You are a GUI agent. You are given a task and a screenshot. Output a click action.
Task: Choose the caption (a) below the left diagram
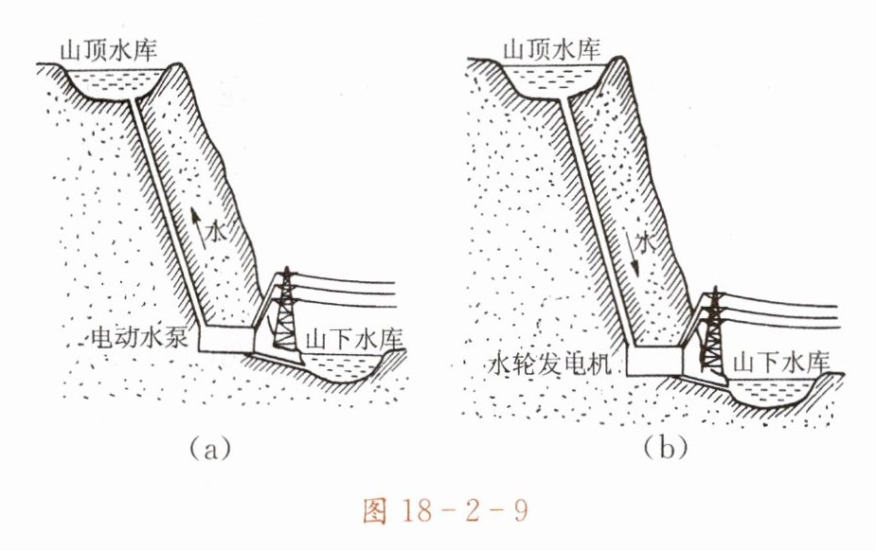pyautogui.click(x=211, y=447)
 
